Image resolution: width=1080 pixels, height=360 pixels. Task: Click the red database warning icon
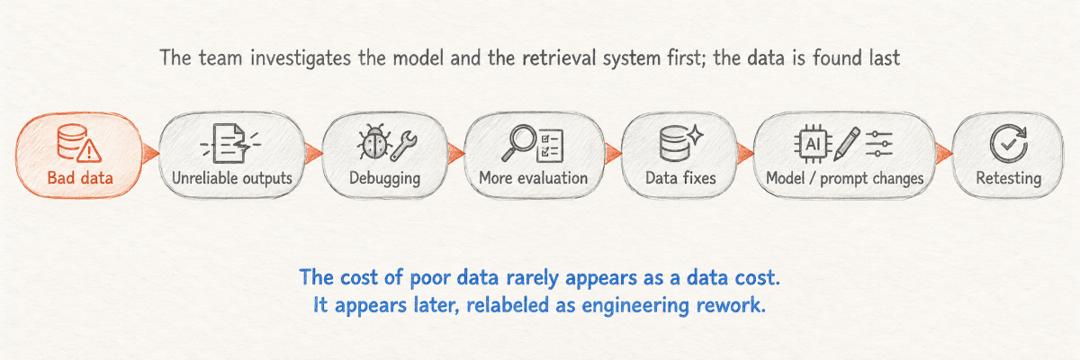tap(79, 143)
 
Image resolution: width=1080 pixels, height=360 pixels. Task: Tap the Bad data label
tap(80, 178)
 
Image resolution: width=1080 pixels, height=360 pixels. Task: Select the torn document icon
tap(231, 144)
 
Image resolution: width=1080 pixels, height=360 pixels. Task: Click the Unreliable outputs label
tap(232, 178)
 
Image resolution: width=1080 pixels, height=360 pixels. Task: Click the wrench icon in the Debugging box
tap(404, 145)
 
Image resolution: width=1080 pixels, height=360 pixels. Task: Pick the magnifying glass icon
tap(517, 143)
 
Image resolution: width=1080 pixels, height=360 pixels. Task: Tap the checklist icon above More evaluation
tap(550, 145)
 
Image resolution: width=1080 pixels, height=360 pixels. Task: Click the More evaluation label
tap(533, 178)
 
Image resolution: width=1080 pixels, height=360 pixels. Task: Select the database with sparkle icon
tap(680, 143)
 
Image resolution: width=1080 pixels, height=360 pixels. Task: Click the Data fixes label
tap(680, 178)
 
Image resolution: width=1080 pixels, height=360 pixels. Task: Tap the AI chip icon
tap(813, 144)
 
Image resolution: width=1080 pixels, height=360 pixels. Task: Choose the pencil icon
tap(847, 144)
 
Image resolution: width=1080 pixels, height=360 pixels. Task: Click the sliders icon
tap(879, 144)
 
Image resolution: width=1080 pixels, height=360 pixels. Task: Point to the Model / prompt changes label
tap(845, 179)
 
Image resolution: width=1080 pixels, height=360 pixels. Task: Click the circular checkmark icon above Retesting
tap(1009, 144)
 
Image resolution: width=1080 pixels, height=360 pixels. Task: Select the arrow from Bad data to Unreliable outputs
tap(150, 153)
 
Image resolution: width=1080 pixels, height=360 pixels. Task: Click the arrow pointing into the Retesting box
tap(944, 153)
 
